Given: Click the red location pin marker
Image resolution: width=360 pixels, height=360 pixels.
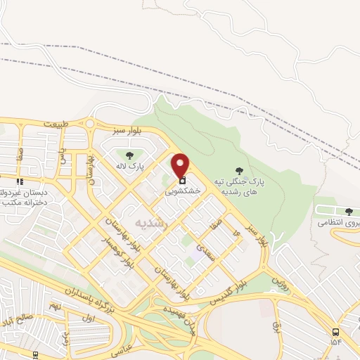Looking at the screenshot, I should click(x=181, y=165).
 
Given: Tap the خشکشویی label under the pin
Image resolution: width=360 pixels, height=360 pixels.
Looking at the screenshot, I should click(x=183, y=191).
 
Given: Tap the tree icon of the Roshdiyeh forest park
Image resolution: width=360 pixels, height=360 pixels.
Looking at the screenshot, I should click(x=240, y=170).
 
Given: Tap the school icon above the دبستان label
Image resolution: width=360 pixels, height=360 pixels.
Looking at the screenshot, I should click(x=2, y=179).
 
